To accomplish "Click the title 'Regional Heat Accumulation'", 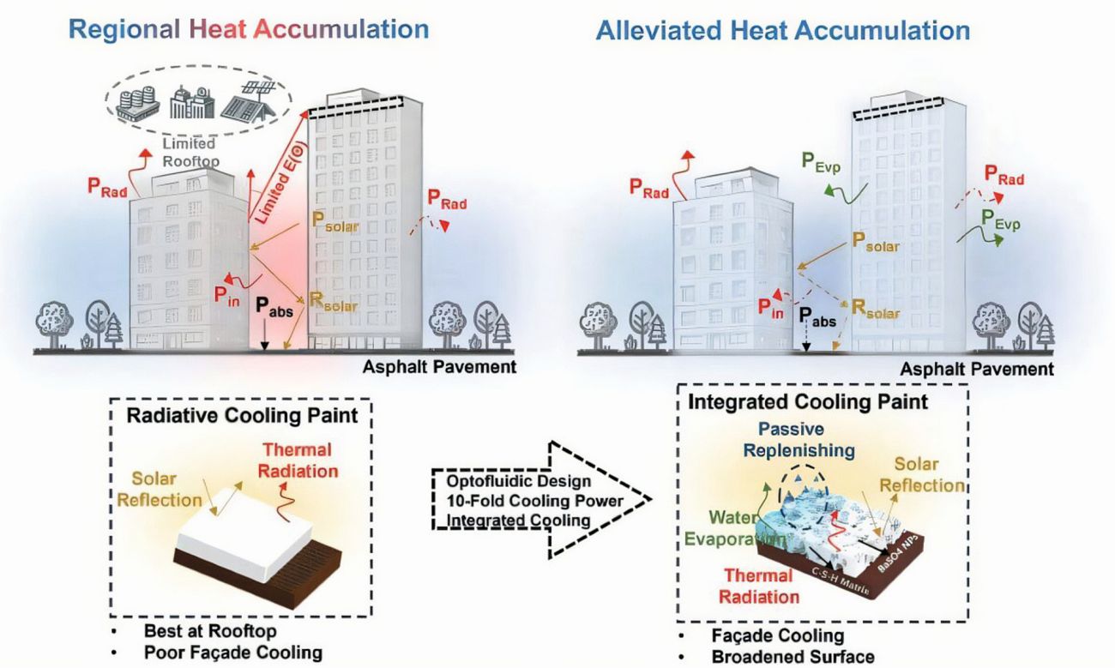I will click(249, 29).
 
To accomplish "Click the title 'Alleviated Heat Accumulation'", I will click(783, 31).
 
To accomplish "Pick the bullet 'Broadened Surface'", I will click(793, 657).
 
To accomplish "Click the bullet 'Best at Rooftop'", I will click(209, 632).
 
